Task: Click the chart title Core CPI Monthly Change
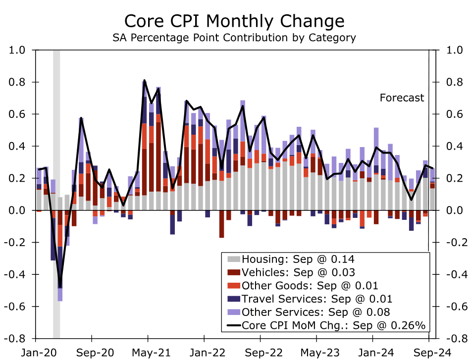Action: [x=234, y=21]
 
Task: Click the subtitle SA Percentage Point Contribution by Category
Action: [x=234, y=38]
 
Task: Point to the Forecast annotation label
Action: [x=402, y=98]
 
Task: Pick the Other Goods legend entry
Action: [x=310, y=285]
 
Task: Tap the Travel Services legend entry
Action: [x=316, y=299]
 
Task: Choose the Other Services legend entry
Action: [x=315, y=312]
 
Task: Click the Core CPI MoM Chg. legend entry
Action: [x=333, y=325]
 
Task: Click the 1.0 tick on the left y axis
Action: [x=18, y=50]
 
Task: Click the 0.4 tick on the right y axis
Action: [x=454, y=146]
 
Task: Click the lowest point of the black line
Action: [x=60, y=287]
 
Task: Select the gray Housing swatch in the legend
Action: [x=233, y=259]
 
